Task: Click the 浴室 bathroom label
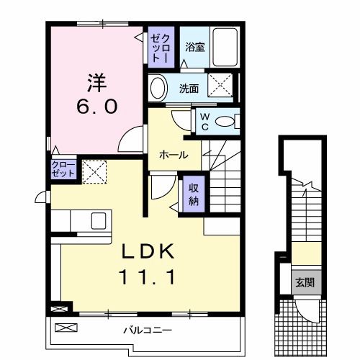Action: coord(194,48)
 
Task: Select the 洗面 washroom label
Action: coord(189,89)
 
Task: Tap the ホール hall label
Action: coord(174,154)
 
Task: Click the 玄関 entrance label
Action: coord(301,282)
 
